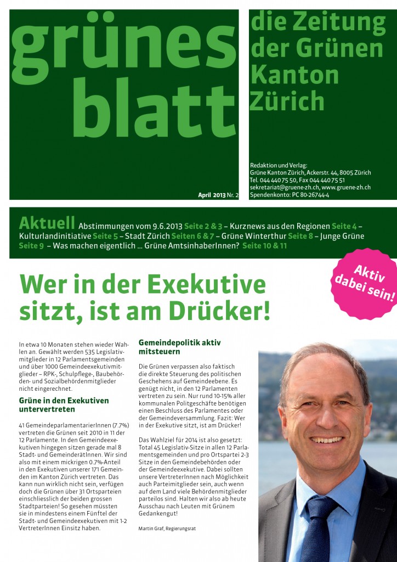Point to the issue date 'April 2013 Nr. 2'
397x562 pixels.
pyautogui.click(x=218, y=195)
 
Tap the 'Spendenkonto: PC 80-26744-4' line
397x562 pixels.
pyautogui.click(x=289, y=195)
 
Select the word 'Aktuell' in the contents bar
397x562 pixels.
pyautogui.click(x=47, y=223)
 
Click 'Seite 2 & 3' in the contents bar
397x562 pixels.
pyautogui.click(x=203, y=226)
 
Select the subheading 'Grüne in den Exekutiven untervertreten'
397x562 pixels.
pyautogui.click(x=64, y=404)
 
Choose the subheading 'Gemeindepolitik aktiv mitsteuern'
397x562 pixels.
pyautogui.click(x=180, y=346)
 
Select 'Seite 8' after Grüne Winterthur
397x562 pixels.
pyautogui.click(x=300, y=236)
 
